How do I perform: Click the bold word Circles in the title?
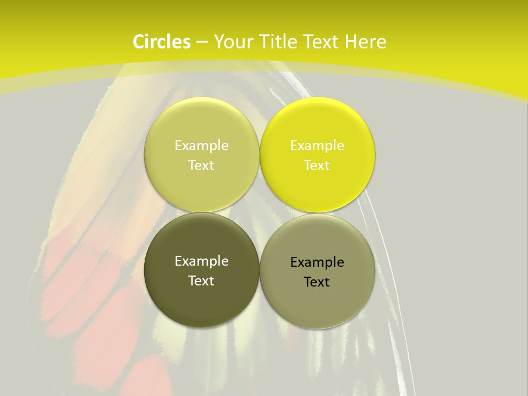162,42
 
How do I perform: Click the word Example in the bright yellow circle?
317,145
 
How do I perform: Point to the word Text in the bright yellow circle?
317,165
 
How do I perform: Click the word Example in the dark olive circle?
201,261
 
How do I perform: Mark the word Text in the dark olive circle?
201,280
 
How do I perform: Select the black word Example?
317,262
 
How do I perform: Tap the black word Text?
317,282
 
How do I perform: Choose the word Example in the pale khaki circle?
201,145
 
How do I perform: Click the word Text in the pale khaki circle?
201,165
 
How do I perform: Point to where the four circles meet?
260,213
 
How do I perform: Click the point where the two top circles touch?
260,155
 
